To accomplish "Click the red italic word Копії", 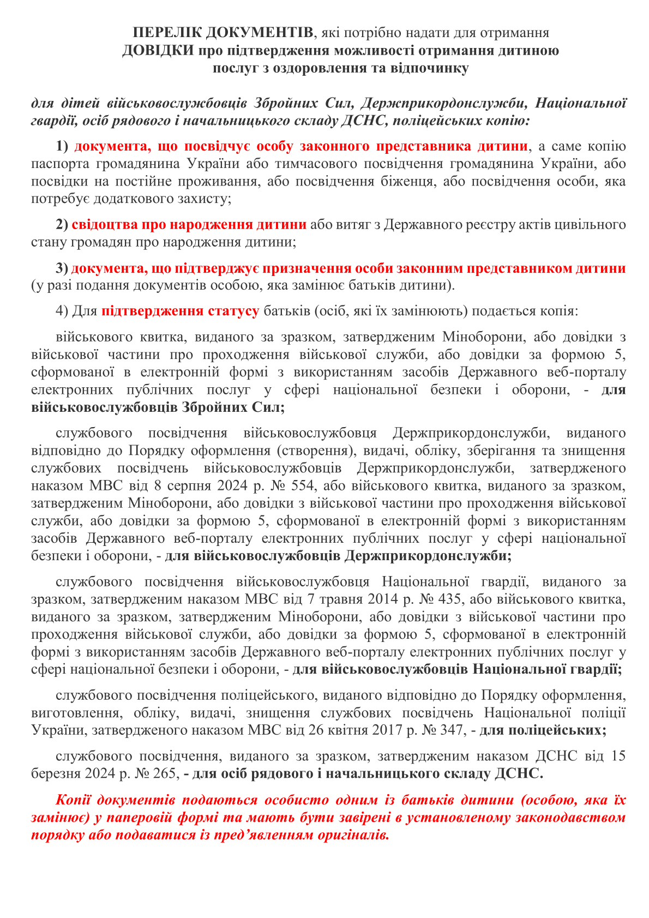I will point(80,801).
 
